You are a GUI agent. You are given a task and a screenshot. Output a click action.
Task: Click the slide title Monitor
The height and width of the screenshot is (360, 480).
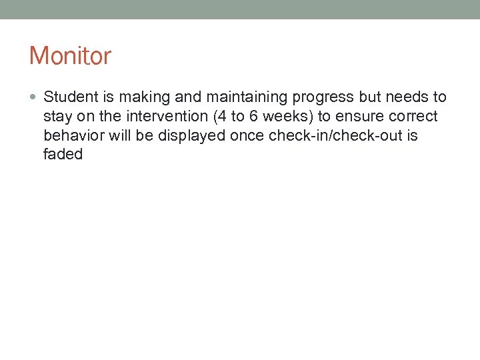pyautogui.click(x=70, y=56)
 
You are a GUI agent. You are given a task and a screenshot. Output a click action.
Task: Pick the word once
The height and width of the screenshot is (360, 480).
pyautogui.click(x=247, y=135)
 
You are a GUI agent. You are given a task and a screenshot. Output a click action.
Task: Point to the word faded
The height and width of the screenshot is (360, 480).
pyautogui.click(x=63, y=154)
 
